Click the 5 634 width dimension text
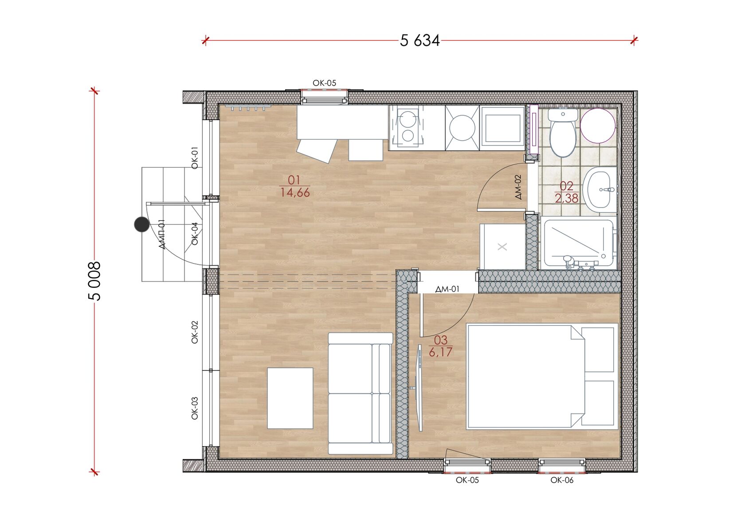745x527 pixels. [420, 41]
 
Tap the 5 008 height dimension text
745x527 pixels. [94, 281]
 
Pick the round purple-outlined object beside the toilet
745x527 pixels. [598, 126]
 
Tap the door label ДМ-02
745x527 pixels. [518, 187]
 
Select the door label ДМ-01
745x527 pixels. [447, 289]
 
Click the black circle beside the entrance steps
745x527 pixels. [142, 224]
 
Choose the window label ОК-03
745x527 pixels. [195, 408]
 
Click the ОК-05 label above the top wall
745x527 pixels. [324, 83]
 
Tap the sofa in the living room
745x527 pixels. [361, 393]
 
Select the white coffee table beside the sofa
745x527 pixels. [290, 398]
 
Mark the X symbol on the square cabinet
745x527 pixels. [502, 247]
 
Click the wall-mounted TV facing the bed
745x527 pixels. [419, 388]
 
